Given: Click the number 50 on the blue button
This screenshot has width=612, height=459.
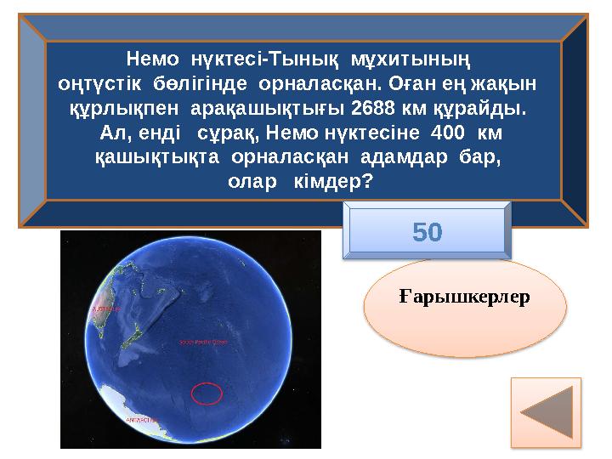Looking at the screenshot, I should [x=428, y=231].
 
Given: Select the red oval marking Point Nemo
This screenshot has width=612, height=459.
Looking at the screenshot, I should [x=207, y=394].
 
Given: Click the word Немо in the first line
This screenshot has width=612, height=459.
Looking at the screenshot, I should [x=152, y=59].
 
